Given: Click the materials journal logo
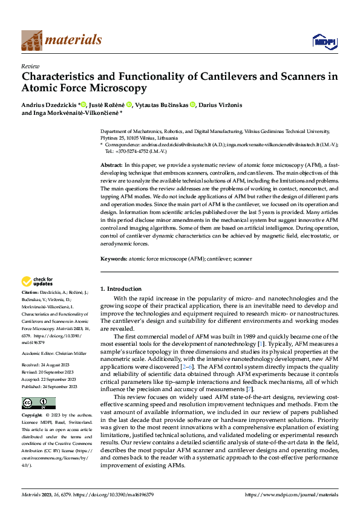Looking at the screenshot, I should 62,40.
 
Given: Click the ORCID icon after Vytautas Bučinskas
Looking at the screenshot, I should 193,105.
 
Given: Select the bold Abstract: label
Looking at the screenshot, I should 111,165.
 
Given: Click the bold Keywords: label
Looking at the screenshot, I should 113,258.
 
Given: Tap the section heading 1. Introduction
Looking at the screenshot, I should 121,289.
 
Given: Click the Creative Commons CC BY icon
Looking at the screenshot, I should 38,386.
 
